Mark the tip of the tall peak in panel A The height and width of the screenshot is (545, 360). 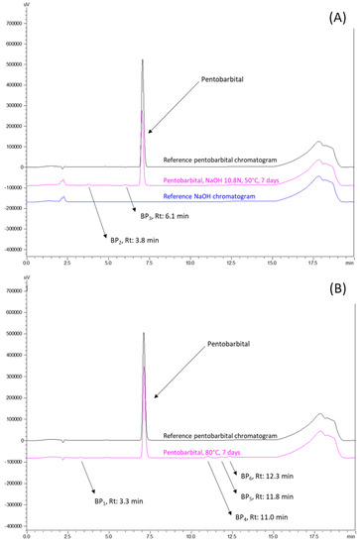[x=143, y=59]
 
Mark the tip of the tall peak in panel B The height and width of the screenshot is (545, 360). [x=144, y=333]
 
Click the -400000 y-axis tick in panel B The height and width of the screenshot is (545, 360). [x=13, y=526]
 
